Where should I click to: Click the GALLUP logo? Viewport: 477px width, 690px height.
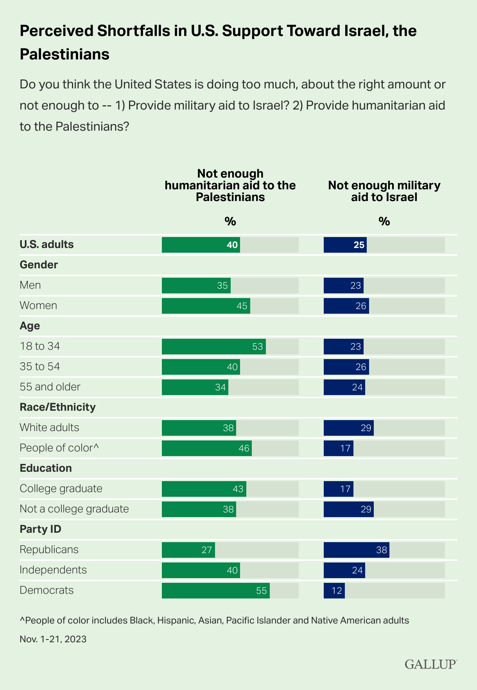point(430,664)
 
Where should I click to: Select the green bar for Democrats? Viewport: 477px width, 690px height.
point(215,590)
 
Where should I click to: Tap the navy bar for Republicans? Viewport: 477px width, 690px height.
point(356,550)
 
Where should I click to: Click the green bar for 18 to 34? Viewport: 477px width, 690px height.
point(213,346)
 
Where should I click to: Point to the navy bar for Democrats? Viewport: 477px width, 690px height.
point(334,590)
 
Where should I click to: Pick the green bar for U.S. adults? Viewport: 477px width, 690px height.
point(201,244)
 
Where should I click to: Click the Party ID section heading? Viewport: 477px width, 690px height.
point(40,529)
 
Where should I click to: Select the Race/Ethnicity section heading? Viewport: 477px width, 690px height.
point(57,407)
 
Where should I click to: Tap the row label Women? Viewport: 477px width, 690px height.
point(38,305)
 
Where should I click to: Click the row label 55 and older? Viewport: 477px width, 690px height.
point(50,387)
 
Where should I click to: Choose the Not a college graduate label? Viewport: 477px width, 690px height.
point(74,509)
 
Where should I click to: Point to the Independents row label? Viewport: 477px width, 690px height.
point(53,570)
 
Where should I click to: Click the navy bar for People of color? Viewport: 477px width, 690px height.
point(338,448)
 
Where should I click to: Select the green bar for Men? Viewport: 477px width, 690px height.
point(196,285)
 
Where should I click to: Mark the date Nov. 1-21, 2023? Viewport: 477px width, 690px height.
point(53,639)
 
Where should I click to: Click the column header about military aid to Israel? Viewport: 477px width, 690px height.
point(384,191)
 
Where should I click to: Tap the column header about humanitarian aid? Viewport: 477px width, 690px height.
point(230,185)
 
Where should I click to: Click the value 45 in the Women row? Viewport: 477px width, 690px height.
point(242,305)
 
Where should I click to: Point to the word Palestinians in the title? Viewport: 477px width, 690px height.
point(65,54)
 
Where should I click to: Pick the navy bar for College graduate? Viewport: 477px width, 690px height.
point(338,489)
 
